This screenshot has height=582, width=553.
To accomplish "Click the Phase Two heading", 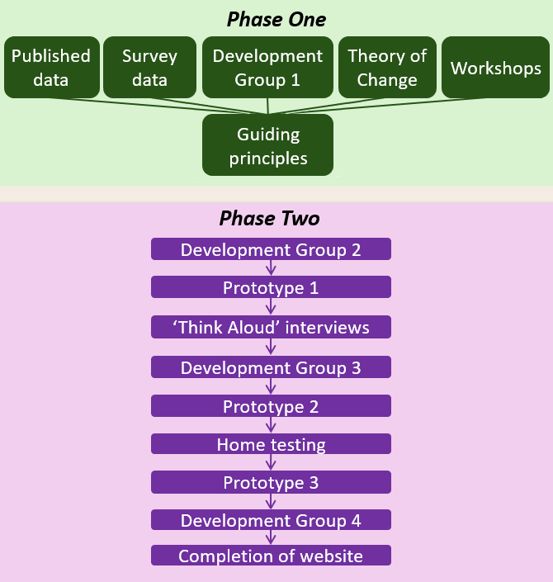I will pos(269,219).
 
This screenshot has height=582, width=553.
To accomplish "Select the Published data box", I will pos(51,68).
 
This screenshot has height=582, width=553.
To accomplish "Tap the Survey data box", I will pos(149,68).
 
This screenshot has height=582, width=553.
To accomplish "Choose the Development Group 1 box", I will pos(267,68).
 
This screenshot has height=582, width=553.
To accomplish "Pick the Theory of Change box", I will pos(387,68).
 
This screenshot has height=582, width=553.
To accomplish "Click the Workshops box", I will pos(496,68).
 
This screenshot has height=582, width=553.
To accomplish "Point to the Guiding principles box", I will pos(267,145).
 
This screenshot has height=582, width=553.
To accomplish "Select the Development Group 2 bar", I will pos(271,249).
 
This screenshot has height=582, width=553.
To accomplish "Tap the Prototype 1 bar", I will pos(271,288).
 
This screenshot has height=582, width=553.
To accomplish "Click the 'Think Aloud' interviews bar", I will pos(271,328).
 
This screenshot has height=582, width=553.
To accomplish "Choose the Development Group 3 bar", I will pos(271,367).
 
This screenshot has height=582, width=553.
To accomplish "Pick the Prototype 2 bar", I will pos(271,407).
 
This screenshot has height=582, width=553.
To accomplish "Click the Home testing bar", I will pos(271,445).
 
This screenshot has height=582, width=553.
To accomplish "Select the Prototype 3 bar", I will pos(271,483).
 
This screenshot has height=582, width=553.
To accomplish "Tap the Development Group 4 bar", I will pos(271,521).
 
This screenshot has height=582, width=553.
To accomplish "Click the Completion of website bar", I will pos(271,556).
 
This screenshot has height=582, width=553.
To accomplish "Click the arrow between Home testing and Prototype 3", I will pos(271,464).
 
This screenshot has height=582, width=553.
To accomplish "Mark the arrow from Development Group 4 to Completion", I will pos(271,538).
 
